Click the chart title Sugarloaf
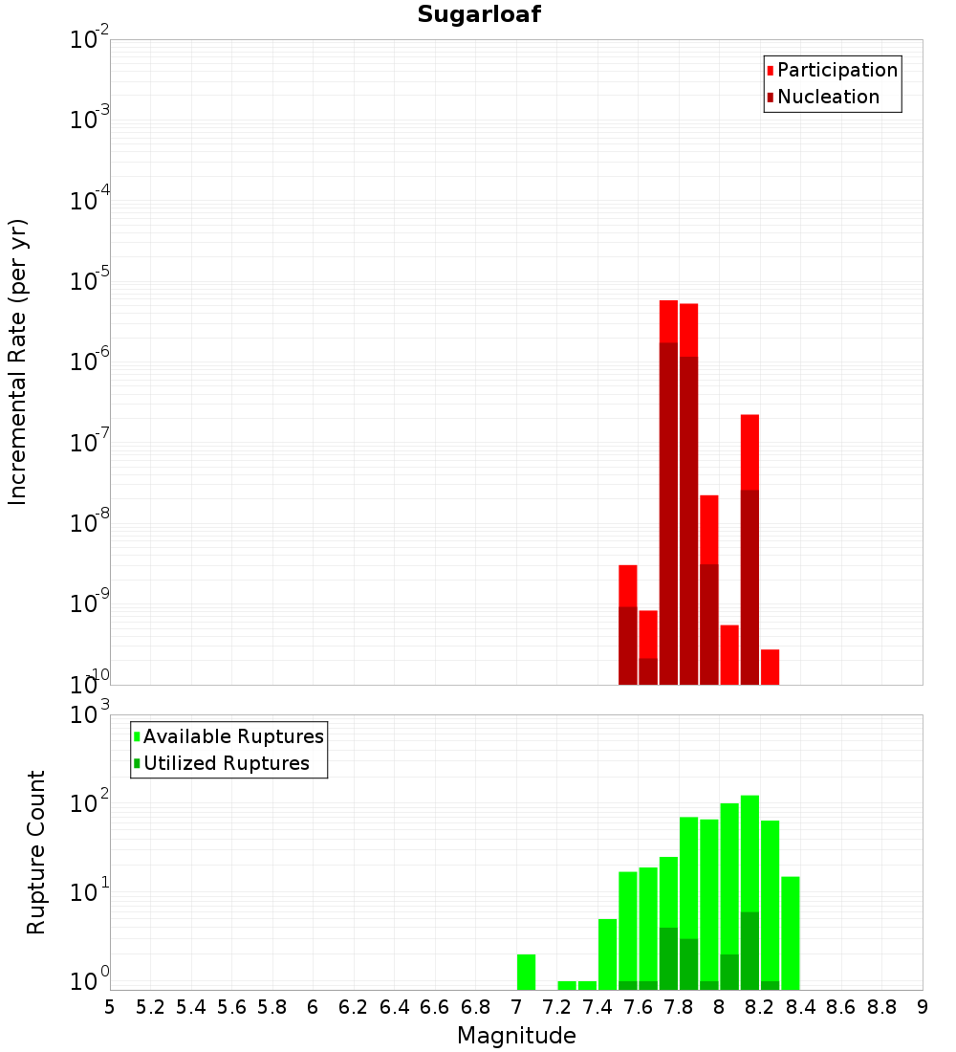479,14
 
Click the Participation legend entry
836,70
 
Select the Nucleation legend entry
827,97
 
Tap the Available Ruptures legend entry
232,736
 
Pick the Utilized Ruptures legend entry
225,763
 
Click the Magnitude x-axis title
516,1036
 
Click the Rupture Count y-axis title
36,852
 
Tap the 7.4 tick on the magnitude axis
597,1007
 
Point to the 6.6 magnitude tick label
435,1007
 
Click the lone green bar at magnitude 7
526,972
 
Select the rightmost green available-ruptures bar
790,932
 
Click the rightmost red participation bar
770,667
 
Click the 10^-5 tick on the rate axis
91,282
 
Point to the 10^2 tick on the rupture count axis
91,804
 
